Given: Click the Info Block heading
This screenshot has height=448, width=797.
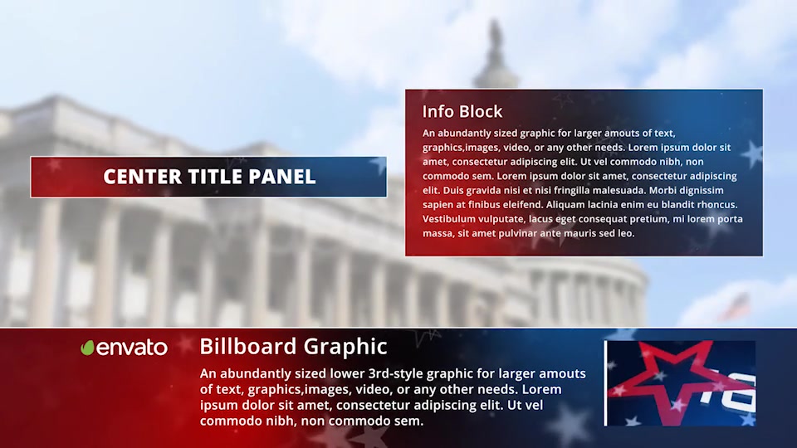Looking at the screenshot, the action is click(462, 111).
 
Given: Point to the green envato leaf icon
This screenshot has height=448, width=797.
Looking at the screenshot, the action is click(87, 348).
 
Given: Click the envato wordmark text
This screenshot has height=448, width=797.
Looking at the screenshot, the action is click(132, 348).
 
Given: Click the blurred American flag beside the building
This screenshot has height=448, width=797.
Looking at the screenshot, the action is click(736, 306).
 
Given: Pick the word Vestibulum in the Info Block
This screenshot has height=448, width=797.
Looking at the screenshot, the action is click(447, 219).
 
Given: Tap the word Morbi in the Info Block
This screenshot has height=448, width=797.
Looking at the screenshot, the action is click(663, 191).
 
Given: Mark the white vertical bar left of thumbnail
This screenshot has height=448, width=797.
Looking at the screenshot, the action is click(605, 383).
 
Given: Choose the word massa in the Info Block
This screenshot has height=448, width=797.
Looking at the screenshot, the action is click(438, 234).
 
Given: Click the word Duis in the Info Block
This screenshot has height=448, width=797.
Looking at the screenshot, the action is click(452, 191).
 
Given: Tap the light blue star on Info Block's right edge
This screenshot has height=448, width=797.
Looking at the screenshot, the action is click(752, 153).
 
